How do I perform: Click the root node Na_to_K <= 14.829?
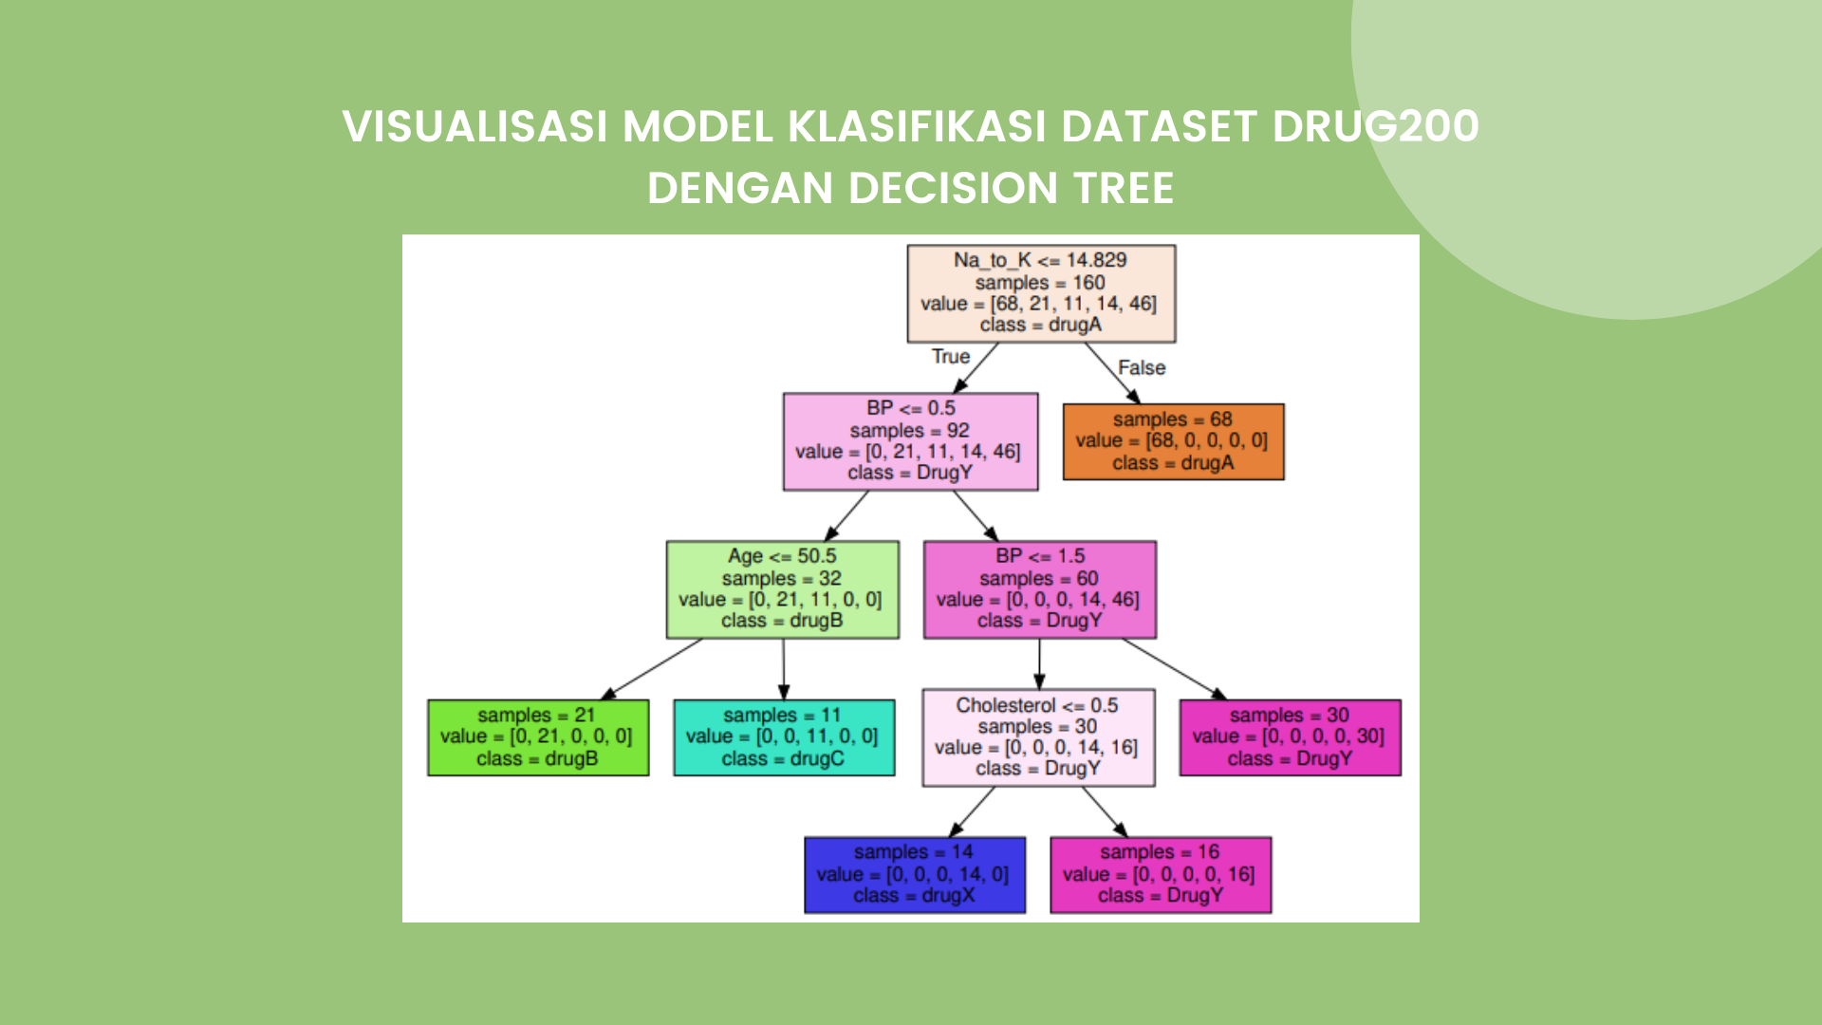coord(1041,293)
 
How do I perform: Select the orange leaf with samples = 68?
coord(1173,441)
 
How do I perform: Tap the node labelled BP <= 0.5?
coord(910,441)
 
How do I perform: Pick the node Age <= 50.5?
coord(782,589)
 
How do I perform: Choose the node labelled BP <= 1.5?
coord(1040,589)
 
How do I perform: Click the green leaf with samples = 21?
coord(538,737)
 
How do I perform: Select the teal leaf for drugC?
coord(784,737)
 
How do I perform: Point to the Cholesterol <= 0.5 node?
coord(1038,737)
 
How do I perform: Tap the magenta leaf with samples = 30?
coord(1290,737)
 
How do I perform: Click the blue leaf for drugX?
coord(915,874)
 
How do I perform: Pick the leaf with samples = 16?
coord(1161,874)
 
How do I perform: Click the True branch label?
coord(951,357)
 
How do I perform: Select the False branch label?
coord(1142,368)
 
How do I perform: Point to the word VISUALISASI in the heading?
coord(475,126)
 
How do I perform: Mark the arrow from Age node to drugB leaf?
coord(652,669)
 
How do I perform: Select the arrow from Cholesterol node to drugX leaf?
coord(972,811)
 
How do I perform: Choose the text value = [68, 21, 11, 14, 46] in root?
coord(1038,304)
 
